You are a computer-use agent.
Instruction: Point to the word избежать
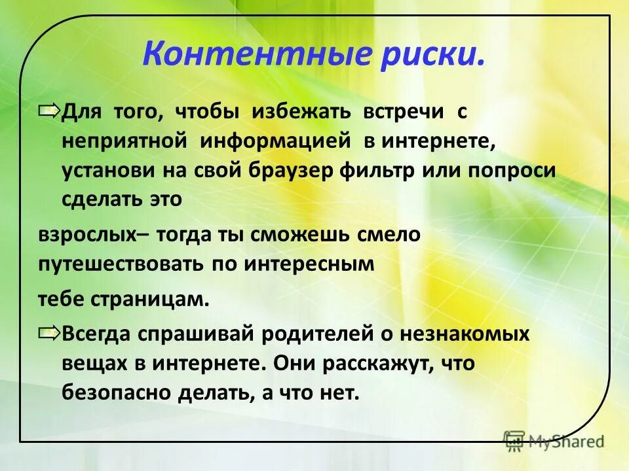(x=303, y=113)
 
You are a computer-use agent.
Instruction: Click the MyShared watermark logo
(x=554, y=441)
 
